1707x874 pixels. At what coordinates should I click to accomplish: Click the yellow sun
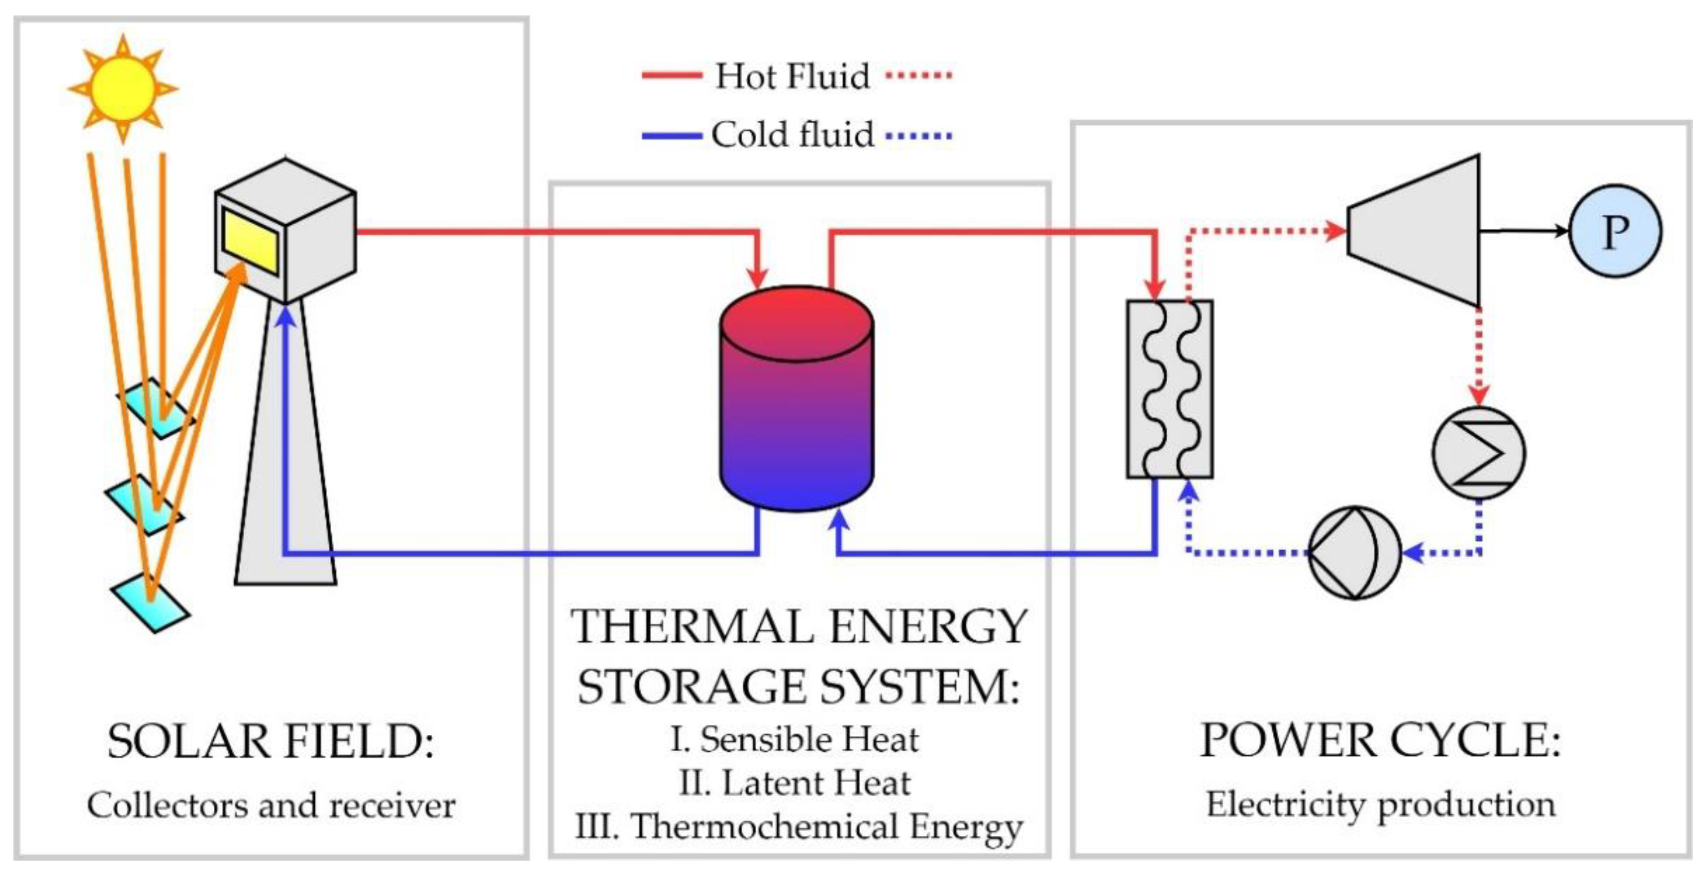tap(123, 88)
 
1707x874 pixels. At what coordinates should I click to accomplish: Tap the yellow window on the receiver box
tap(250, 240)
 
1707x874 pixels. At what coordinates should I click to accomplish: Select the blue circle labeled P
tap(1615, 231)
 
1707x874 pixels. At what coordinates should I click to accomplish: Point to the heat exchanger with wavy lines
tap(1170, 389)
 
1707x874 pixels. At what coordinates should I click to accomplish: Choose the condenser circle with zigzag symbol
tap(1479, 453)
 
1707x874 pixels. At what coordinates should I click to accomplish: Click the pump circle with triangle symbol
tap(1355, 552)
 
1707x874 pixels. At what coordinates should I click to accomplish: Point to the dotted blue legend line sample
tap(919, 136)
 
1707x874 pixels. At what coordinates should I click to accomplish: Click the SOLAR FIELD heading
tap(270, 741)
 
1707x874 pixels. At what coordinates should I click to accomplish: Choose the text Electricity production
tap(1380, 804)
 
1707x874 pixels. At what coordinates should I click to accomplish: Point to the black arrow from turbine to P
tap(1524, 231)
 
